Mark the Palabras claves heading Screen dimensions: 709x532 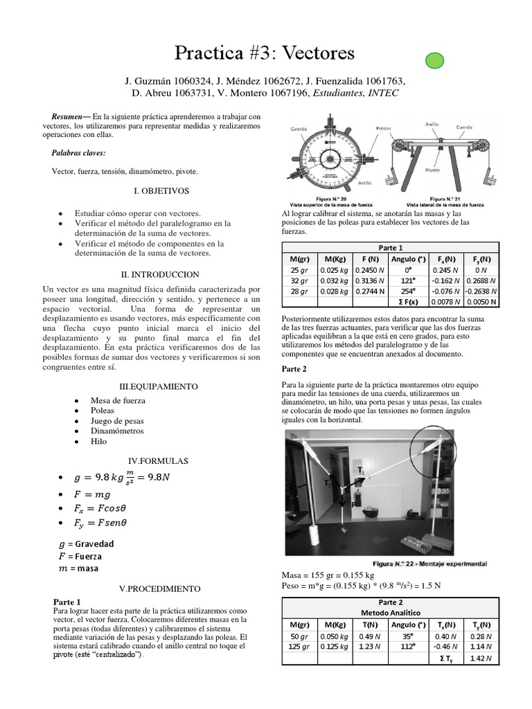pos(78,152)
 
